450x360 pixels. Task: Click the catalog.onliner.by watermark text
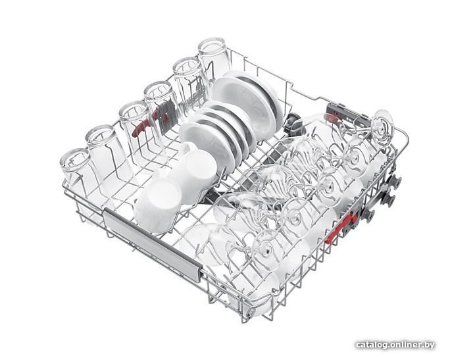pyautogui.click(x=395, y=345)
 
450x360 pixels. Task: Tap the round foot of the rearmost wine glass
pyautogui.click(x=382, y=127)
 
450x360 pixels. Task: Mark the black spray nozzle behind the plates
pyautogui.click(x=293, y=121)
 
